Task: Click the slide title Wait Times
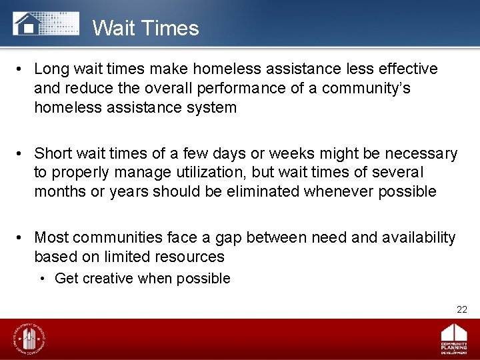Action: (145, 28)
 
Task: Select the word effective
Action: (407, 69)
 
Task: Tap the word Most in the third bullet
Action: (52, 237)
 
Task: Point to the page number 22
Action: (462, 309)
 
